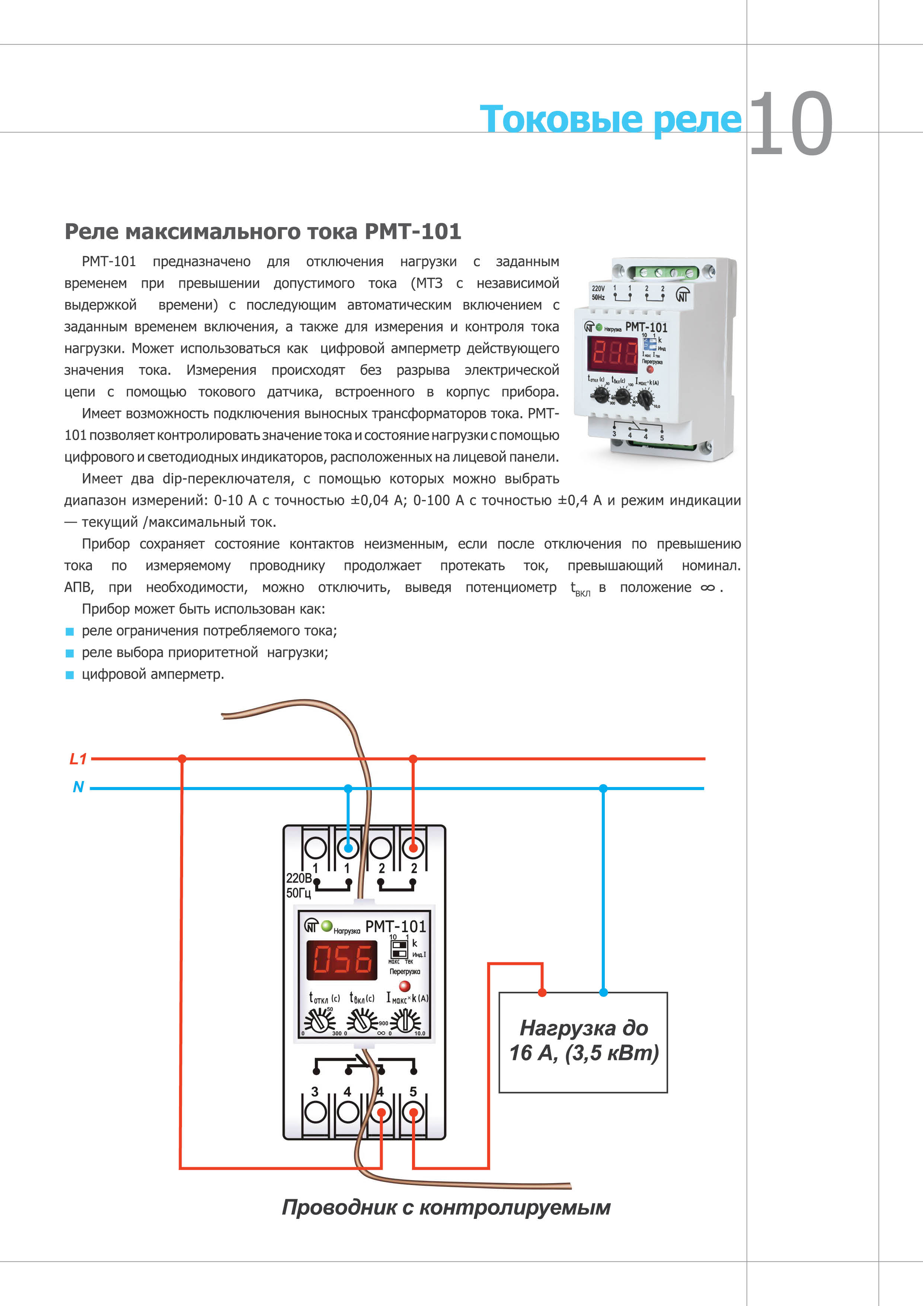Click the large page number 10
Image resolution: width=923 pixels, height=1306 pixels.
click(791, 124)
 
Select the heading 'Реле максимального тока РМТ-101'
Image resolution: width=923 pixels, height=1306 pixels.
click(263, 232)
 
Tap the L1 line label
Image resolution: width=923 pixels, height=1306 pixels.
click(78, 758)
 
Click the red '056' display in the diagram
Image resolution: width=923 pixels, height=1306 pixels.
click(342, 960)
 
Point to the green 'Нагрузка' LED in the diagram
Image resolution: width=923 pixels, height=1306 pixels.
click(326, 926)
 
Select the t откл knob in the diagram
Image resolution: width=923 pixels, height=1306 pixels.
click(320, 1022)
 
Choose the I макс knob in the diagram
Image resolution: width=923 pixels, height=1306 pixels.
click(405, 1022)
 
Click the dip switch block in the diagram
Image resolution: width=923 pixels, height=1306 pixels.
click(399, 949)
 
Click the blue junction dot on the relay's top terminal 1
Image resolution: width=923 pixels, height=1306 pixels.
click(348, 848)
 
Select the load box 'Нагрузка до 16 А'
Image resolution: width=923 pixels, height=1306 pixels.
click(583, 1042)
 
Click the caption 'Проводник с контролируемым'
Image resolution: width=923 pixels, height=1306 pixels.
click(446, 1207)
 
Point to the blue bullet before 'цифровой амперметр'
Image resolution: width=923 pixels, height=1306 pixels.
click(70, 675)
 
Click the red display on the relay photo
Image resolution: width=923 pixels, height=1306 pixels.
click(613, 353)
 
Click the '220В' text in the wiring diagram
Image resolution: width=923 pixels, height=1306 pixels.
click(298, 878)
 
